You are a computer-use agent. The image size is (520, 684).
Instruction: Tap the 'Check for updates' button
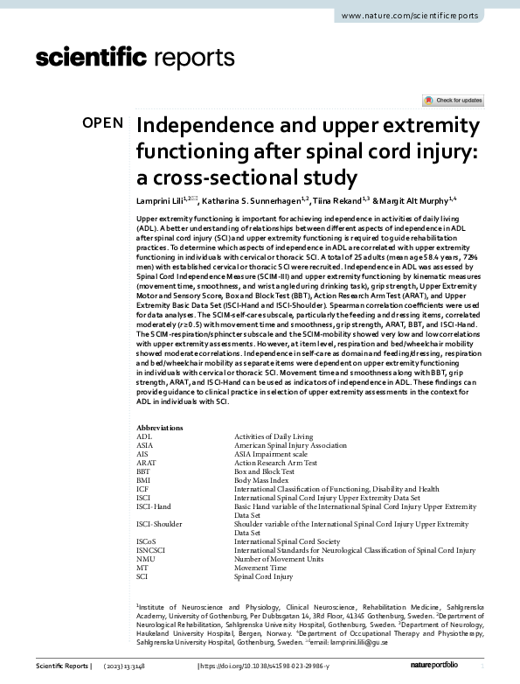tap(452, 101)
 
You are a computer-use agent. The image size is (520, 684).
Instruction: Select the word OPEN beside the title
tap(103, 122)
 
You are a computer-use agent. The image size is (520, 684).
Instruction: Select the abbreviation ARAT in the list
tap(147, 462)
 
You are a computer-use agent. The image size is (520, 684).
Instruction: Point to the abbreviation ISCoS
tap(147, 541)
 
